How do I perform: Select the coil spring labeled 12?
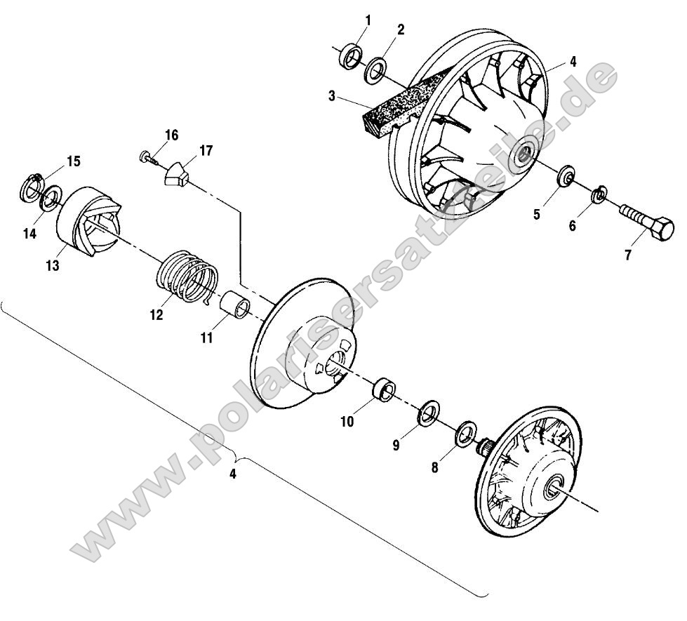(x=186, y=279)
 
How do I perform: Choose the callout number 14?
(x=29, y=234)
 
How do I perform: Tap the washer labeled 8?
(x=465, y=434)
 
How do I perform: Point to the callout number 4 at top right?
(x=573, y=61)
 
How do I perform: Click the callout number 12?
(x=156, y=316)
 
